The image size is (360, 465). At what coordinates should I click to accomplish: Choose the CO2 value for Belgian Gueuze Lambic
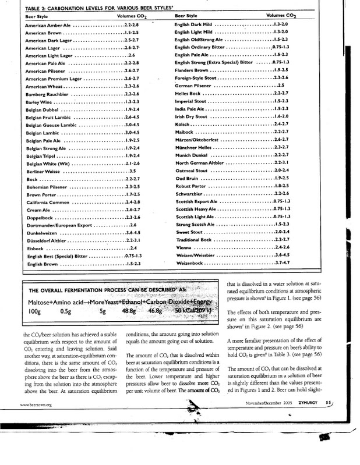click(x=133, y=125)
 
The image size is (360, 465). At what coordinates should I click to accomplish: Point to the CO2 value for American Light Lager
click(x=132, y=54)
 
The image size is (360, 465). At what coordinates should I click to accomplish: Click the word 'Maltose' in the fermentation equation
click(x=39, y=303)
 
